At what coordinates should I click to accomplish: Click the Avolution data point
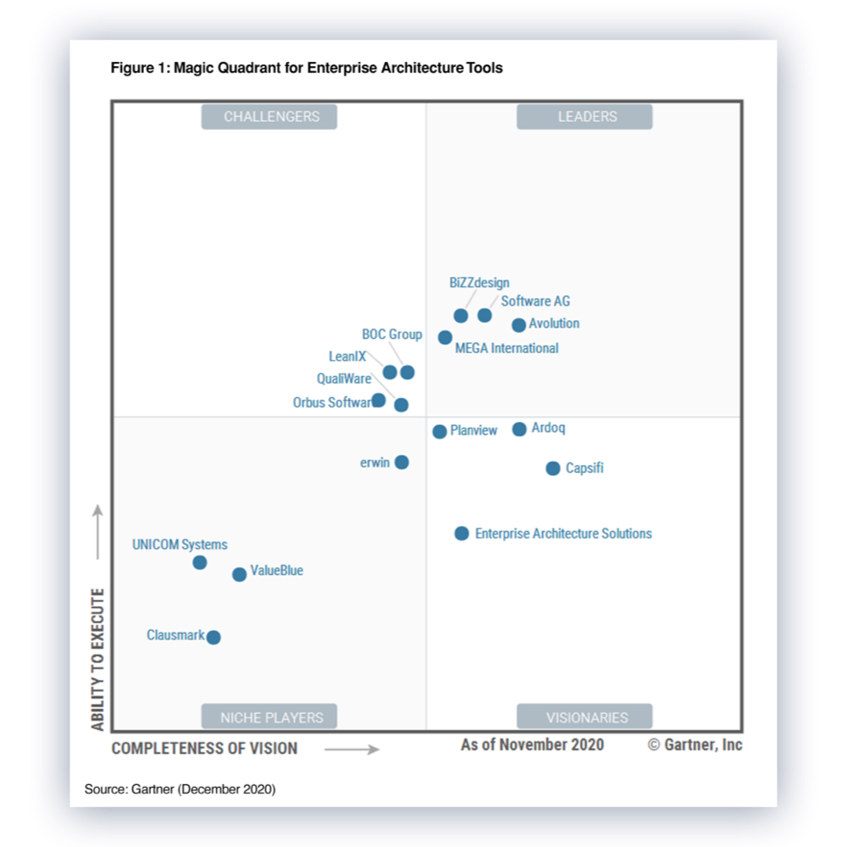click(x=518, y=325)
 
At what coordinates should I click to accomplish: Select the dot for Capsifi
click(x=552, y=468)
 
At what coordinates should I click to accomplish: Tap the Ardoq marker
click(x=519, y=429)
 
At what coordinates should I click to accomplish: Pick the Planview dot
click(x=440, y=432)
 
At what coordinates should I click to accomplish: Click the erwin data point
click(x=401, y=462)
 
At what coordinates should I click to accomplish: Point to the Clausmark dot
click(x=213, y=638)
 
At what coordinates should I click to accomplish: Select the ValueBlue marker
click(x=239, y=574)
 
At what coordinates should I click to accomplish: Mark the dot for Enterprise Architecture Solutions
click(x=462, y=534)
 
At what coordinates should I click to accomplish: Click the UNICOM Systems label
click(x=180, y=545)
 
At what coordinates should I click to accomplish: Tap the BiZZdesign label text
click(x=479, y=283)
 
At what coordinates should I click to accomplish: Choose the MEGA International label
click(x=507, y=348)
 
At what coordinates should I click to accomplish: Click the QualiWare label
click(x=344, y=379)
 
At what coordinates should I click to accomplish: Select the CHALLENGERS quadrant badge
click(x=269, y=117)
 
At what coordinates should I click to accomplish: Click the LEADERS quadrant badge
click(x=584, y=117)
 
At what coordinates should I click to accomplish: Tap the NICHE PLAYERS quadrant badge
click(x=269, y=717)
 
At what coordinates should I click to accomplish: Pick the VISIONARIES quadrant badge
click(x=584, y=717)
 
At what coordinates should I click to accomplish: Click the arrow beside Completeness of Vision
click(x=352, y=749)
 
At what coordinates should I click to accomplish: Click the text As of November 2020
click(x=532, y=745)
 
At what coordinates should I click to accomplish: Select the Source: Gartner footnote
click(x=180, y=789)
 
